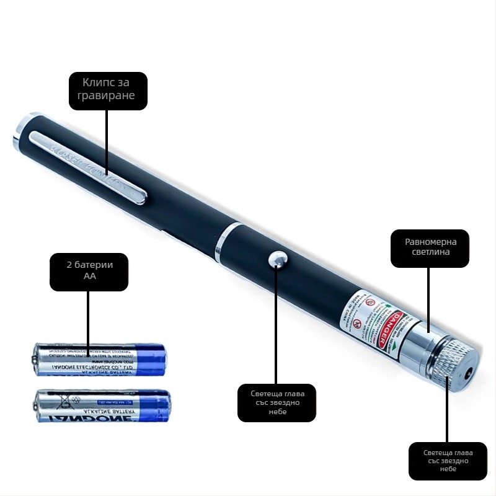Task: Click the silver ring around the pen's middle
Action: point(225,241)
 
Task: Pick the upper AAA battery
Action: point(100,359)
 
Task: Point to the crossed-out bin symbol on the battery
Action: point(63,402)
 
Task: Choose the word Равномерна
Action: point(429,241)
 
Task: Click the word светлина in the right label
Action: point(429,252)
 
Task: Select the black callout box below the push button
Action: point(277,402)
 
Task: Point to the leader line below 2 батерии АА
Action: point(89,322)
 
